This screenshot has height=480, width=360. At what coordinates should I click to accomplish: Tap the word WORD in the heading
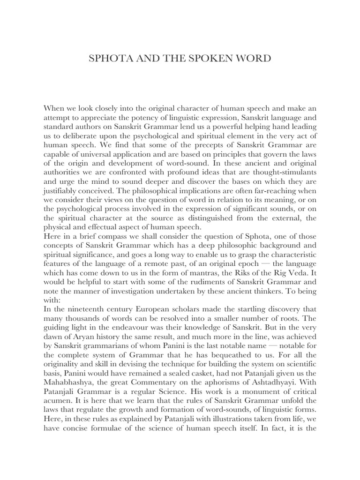tap(244, 59)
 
